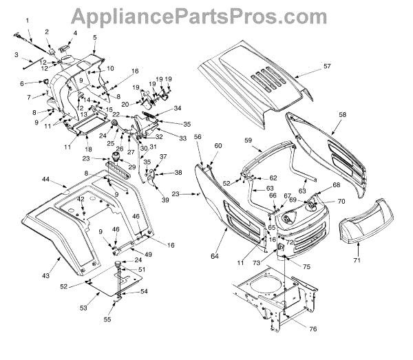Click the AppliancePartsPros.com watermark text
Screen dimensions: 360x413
(x=206, y=14)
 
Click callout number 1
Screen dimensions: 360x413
(x=27, y=22)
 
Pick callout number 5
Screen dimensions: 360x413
(x=94, y=36)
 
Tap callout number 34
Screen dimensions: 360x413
(x=178, y=108)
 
